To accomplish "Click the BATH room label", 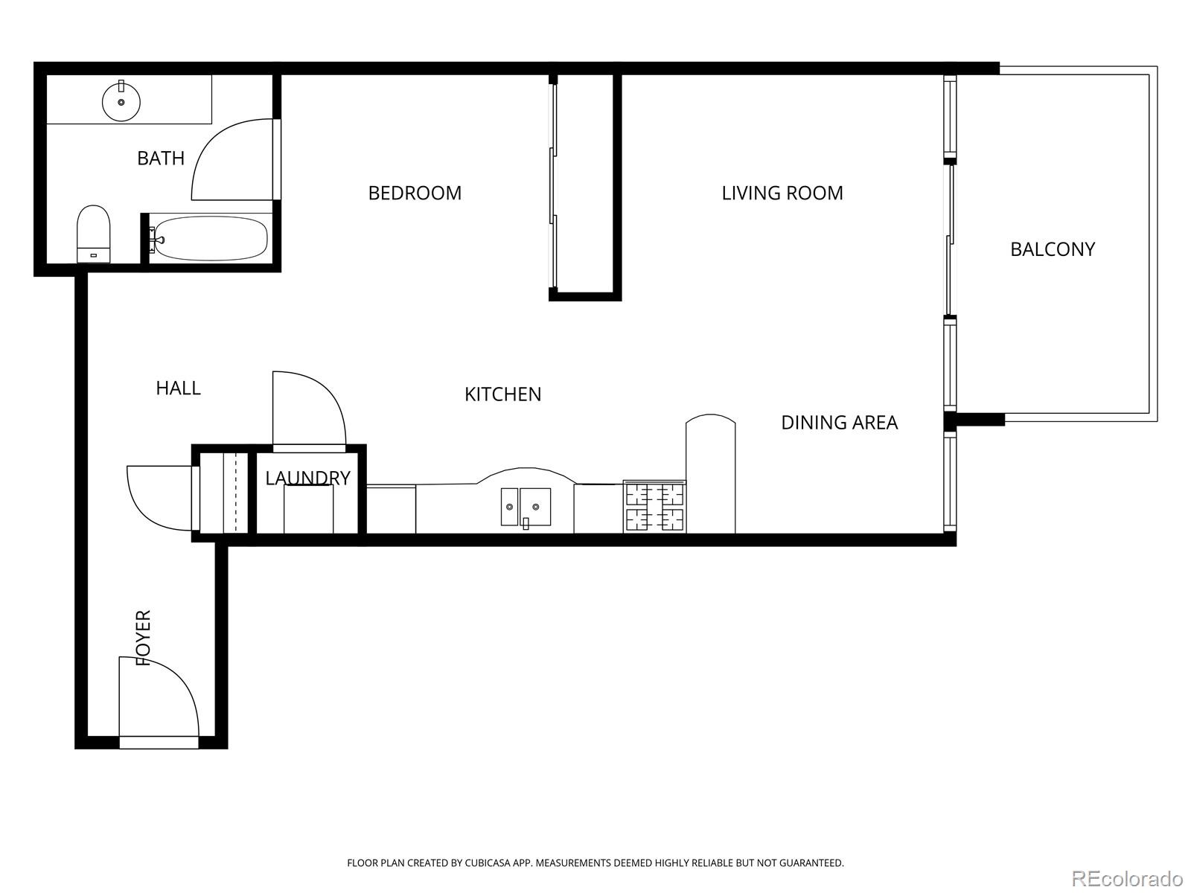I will click(x=161, y=158).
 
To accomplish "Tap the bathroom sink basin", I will click(x=121, y=102).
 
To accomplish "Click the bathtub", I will click(x=211, y=238).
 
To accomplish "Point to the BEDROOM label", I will click(x=415, y=193).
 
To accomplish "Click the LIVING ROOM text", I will click(x=782, y=193).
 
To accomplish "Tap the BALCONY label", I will click(x=1052, y=249).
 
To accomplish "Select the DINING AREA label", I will click(x=839, y=422).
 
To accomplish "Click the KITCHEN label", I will click(x=502, y=394).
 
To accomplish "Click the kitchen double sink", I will click(x=526, y=507).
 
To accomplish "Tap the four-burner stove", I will click(x=654, y=507).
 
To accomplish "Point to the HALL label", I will click(x=178, y=388).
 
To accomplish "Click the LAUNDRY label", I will click(x=307, y=478).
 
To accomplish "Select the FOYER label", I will click(x=143, y=637).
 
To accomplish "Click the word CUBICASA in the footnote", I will click(x=487, y=863).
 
